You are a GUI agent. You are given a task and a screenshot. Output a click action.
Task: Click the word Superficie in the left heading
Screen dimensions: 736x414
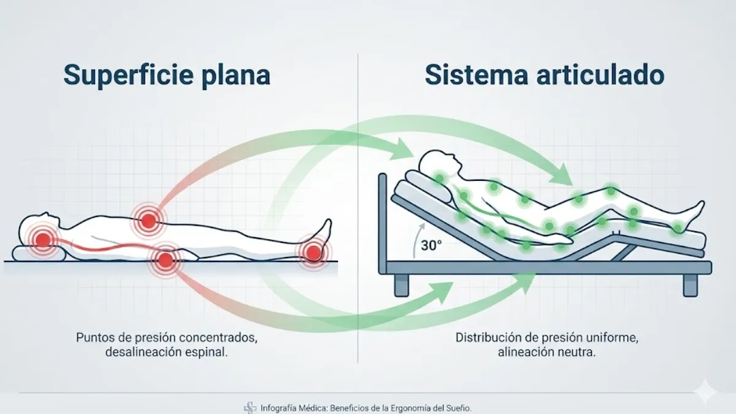click(x=128, y=75)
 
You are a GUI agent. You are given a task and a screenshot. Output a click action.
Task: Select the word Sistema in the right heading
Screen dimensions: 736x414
click(x=477, y=75)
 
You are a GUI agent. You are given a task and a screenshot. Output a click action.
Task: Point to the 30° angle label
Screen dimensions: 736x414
click(x=431, y=245)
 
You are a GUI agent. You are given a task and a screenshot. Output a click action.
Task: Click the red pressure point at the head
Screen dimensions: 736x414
click(x=43, y=239)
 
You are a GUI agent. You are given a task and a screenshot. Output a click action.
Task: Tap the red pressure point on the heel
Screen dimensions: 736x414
click(x=314, y=252)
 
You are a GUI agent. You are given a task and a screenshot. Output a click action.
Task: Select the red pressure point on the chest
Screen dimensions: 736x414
click(x=148, y=220)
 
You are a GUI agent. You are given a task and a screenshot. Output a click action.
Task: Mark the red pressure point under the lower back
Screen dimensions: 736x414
click(x=165, y=260)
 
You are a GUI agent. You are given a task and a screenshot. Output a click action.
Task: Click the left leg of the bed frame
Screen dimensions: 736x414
click(x=402, y=285)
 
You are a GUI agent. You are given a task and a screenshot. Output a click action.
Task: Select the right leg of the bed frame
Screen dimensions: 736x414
click(x=690, y=285)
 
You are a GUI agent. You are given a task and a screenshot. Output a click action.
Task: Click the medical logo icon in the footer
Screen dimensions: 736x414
click(x=250, y=408)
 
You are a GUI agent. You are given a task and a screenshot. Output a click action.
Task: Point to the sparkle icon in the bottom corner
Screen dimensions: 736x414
click(x=705, y=391)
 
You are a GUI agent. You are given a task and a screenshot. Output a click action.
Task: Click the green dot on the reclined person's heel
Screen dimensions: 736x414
click(x=678, y=228)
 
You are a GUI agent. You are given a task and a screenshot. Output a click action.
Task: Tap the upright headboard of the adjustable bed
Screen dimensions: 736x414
click(x=383, y=223)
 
